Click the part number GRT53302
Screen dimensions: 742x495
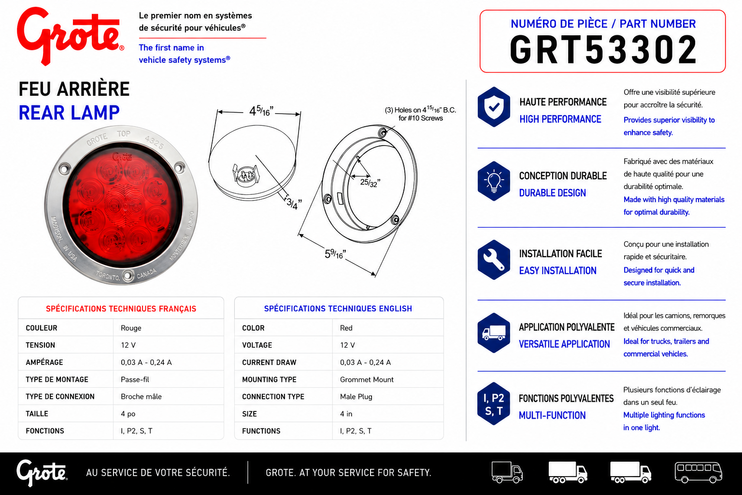(x=603, y=50)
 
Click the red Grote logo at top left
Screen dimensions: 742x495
(x=70, y=36)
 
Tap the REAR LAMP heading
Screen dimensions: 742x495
(x=69, y=113)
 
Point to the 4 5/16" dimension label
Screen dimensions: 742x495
(x=261, y=111)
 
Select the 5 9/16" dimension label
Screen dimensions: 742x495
(x=335, y=254)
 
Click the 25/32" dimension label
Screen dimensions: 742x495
(x=370, y=182)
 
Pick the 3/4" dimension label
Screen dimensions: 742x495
(x=294, y=203)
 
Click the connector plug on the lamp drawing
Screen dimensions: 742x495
(x=245, y=175)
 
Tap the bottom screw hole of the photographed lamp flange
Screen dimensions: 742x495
(x=128, y=275)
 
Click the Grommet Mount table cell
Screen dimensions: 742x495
(x=367, y=379)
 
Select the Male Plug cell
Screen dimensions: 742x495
(x=356, y=396)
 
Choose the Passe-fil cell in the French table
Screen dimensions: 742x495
(x=135, y=379)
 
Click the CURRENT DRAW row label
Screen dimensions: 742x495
(x=269, y=363)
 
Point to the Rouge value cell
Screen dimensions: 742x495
(x=131, y=328)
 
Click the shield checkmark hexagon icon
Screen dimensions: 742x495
(x=494, y=107)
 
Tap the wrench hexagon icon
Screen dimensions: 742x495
(x=494, y=260)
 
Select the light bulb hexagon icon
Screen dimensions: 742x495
(x=494, y=181)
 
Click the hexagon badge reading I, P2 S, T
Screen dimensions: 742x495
(x=494, y=404)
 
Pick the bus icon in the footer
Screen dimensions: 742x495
(x=698, y=472)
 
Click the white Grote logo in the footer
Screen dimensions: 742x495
(x=42, y=472)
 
